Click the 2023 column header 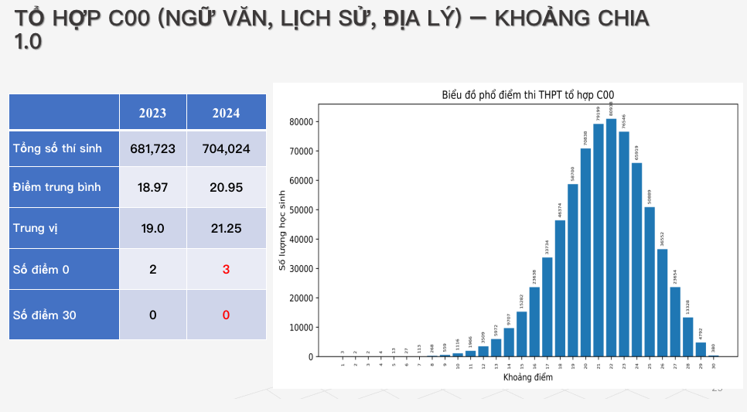tap(152, 113)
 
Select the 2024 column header tap(226, 113)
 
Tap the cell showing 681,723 tap(152, 148)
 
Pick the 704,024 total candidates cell tap(226, 148)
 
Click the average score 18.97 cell tap(152, 187)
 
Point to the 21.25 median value tap(226, 228)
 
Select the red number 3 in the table tap(226, 270)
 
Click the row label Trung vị tap(36, 228)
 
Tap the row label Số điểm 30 tap(44, 315)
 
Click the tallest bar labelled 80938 tap(611, 240)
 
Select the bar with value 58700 tap(573, 271)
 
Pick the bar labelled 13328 tap(687, 337)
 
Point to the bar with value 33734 tap(547, 307)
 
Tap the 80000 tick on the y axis tap(300, 121)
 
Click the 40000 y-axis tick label tap(300, 240)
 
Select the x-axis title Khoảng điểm tap(527, 377)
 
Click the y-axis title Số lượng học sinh tap(283, 230)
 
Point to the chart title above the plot tap(527, 95)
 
